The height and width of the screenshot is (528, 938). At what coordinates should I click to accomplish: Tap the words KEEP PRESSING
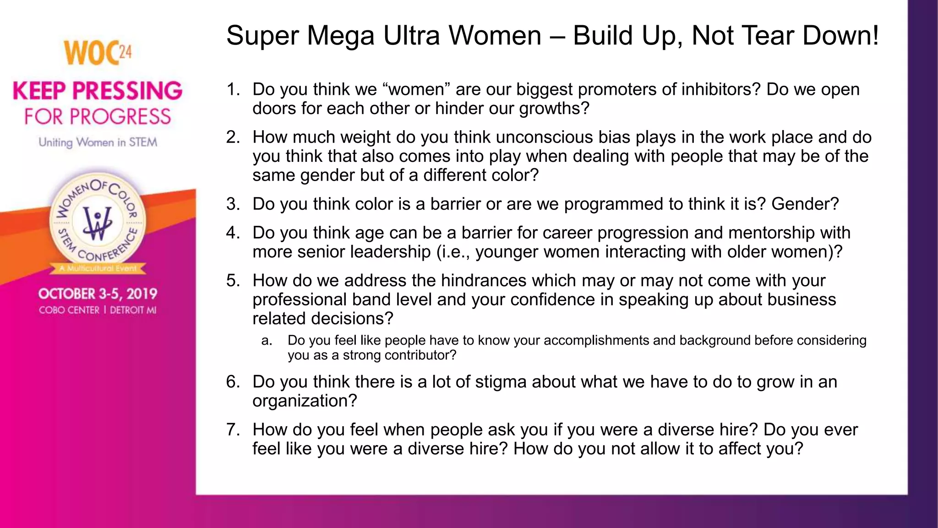click(x=98, y=91)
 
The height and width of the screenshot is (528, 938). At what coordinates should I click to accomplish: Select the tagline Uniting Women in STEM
click(x=98, y=143)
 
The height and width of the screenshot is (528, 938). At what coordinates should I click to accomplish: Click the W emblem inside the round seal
click(x=97, y=223)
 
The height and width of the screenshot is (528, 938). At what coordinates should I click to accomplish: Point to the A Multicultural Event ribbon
click(x=98, y=268)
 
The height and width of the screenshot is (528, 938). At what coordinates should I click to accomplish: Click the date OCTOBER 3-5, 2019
click(x=98, y=294)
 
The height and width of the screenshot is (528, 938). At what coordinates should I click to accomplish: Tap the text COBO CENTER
click(x=69, y=310)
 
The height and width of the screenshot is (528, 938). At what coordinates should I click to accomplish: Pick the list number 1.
click(x=233, y=89)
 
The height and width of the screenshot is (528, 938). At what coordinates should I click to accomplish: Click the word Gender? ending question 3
click(x=805, y=204)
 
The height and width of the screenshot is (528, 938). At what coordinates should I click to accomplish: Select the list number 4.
click(x=233, y=233)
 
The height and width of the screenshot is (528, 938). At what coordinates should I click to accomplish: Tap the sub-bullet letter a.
click(x=267, y=341)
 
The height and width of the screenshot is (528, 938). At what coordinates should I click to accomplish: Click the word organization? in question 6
click(x=305, y=401)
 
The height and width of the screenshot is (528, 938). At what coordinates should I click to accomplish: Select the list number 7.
click(x=233, y=430)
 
